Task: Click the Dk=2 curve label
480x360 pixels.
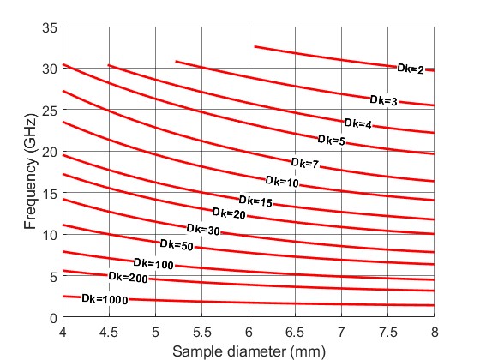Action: click(x=411, y=69)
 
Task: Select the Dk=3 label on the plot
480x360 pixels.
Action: click(x=383, y=101)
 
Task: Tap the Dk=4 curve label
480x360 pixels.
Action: click(x=357, y=124)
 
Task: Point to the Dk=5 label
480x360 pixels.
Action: click(x=331, y=140)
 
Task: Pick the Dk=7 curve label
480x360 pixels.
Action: click(x=304, y=163)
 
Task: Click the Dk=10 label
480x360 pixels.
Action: click(x=281, y=182)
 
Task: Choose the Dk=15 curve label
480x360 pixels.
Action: click(x=255, y=201)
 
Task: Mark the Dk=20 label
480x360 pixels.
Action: click(x=228, y=213)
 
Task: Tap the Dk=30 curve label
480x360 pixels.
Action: click(x=202, y=230)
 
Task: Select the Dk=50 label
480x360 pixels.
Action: click(x=176, y=247)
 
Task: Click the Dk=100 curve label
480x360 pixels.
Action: click(x=153, y=263)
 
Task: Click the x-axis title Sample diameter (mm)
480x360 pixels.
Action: click(x=249, y=351)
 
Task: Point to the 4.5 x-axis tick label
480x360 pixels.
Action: click(x=108, y=331)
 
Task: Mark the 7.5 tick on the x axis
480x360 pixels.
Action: click(x=388, y=331)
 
